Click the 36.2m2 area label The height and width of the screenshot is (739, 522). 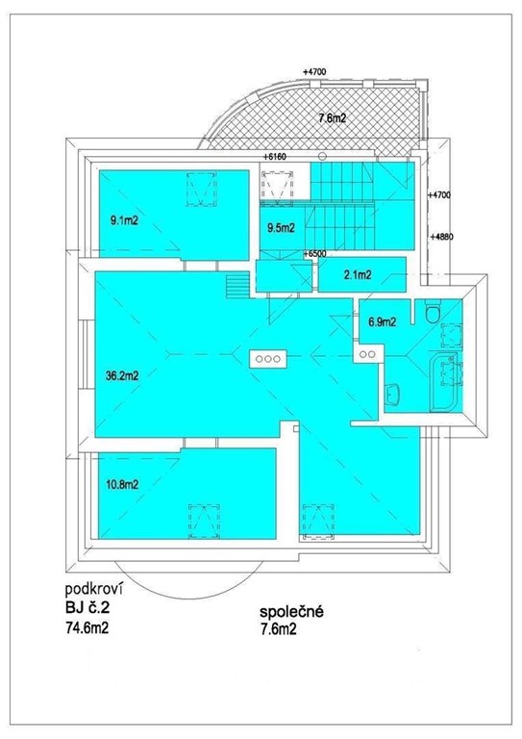click(122, 376)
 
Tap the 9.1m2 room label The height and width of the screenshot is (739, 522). click(124, 220)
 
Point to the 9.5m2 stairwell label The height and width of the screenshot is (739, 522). click(281, 228)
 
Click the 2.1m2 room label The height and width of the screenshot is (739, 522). click(358, 275)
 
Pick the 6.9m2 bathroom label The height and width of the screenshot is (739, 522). click(382, 322)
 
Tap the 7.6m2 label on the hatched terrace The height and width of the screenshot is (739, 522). click(333, 118)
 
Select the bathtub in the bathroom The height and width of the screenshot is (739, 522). click(443, 383)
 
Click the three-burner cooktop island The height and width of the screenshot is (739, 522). click(268, 359)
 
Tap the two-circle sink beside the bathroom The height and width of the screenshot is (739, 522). click(367, 354)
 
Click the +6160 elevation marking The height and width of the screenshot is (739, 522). click(275, 157)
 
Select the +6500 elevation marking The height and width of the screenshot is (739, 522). click(315, 254)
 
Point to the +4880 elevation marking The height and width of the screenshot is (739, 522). click(441, 237)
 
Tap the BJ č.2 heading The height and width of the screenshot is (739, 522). click(87, 608)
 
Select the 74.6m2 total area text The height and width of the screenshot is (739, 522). click(87, 628)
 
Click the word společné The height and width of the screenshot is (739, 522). click(291, 612)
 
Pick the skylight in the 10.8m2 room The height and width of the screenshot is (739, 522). click(204, 522)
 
